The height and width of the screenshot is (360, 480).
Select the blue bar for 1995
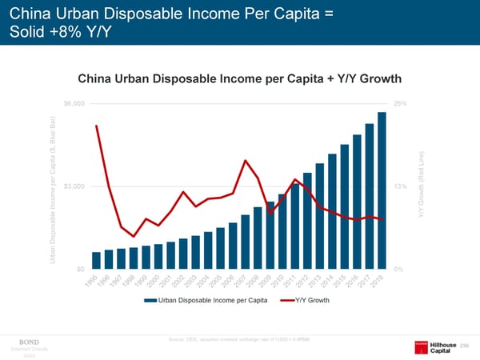(96, 260)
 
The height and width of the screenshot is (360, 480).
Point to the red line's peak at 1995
(97, 126)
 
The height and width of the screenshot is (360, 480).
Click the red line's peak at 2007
(245, 161)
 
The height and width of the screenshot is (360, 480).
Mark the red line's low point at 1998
(134, 236)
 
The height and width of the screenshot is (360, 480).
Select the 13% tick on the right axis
(402, 186)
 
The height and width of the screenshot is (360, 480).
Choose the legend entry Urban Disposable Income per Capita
(206, 300)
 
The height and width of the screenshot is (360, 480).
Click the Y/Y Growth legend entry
(305, 300)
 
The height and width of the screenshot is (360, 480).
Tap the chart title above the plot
(239, 79)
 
